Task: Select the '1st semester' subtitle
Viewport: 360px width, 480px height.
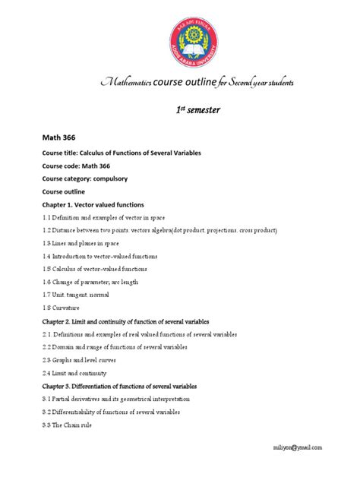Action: click(194, 110)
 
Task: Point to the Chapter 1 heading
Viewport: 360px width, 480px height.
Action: click(93, 205)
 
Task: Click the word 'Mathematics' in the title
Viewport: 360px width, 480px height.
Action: click(122, 82)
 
